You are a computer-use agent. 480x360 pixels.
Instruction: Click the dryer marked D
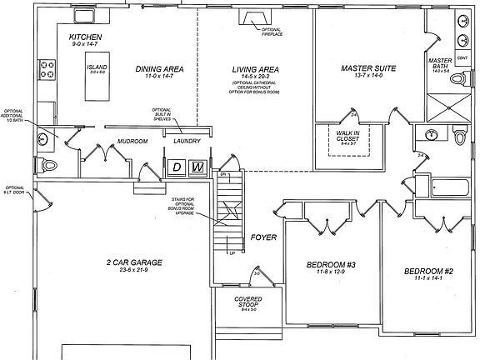click(x=177, y=167)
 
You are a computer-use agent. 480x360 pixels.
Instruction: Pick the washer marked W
click(x=197, y=167)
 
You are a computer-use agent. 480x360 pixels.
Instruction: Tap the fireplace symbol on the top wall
click(x=251, y=17)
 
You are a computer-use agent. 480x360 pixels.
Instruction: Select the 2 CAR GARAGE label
click(x=129, y=262)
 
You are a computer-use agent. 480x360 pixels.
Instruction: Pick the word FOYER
click(x=263, y=238)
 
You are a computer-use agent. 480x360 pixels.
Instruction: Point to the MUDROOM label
click(x=132, y=142)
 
